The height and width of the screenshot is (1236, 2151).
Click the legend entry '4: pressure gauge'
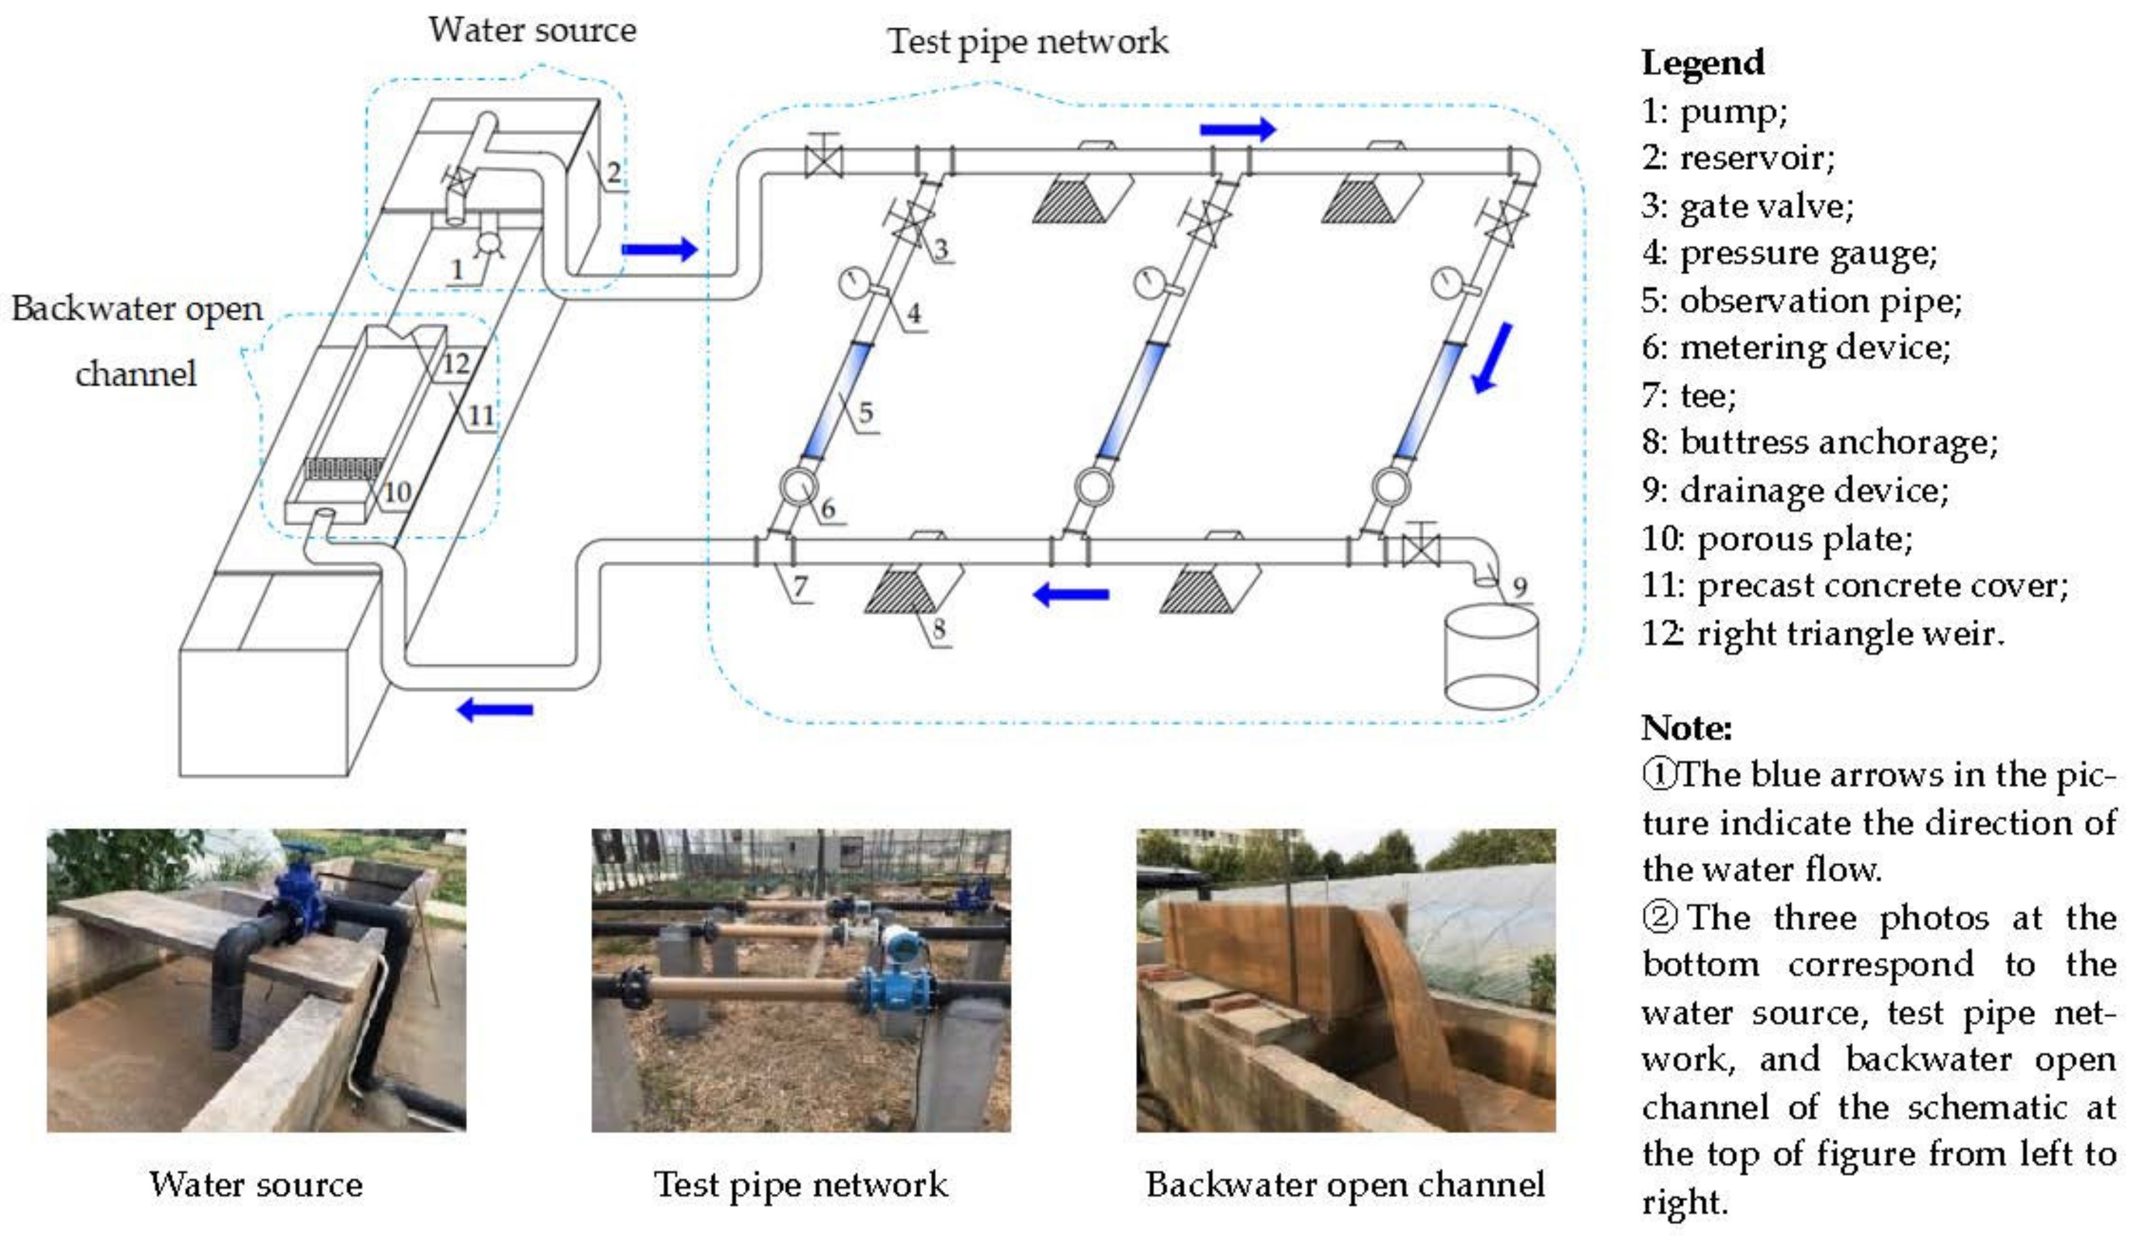1789,253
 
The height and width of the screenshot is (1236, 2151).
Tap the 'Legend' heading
1703,63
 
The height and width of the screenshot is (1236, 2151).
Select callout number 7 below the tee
800,585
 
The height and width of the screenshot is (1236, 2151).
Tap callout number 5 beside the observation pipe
865,412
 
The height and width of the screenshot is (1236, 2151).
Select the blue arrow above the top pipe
1237,129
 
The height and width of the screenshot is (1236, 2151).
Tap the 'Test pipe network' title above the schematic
1027,41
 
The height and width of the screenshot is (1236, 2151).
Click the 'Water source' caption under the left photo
256,1184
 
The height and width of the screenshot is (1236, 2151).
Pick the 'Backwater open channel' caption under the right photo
1345,1184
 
